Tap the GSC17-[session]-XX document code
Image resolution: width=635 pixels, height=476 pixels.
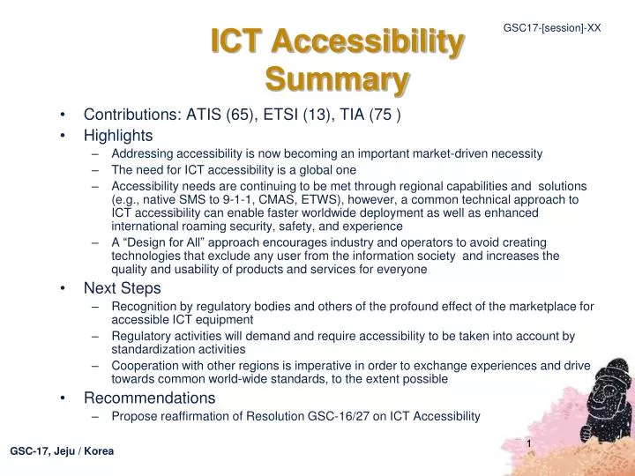pos(552,27)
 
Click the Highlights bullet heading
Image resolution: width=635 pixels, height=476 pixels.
pos(118,135)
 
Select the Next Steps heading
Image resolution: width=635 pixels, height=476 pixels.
pos(123,287)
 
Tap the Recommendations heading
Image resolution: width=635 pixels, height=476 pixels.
pos(149,398)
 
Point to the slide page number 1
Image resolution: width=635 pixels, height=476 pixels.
pos(528,443)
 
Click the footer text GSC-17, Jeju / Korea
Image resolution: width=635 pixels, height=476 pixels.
pos(62,451)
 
